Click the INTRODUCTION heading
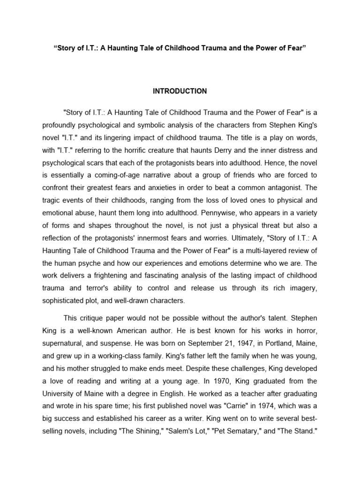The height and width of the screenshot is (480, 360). point(180,91)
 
